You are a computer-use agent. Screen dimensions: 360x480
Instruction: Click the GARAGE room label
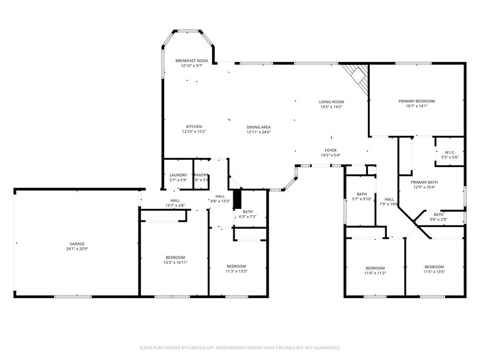(x=77, y=244)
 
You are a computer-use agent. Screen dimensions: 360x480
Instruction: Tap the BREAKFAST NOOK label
(x=192, y=61)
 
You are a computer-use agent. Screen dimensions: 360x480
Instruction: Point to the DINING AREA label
(x=258, y=127)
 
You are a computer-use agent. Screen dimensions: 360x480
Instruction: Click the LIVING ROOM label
(x=331, y=102)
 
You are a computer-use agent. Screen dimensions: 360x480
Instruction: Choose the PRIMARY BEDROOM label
(x=416, y=101)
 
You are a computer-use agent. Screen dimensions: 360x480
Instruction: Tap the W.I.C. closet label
(x=450, y=152)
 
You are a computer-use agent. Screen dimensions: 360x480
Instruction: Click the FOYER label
(x=331, y=150)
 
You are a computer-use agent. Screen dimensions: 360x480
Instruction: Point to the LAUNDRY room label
(x=178, y=175)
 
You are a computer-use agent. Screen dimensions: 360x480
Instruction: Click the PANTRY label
(x=201, y=175)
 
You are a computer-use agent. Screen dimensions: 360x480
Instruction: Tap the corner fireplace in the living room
(x=355, y=78)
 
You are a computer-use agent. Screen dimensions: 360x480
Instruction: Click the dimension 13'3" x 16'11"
(x=175, y=262)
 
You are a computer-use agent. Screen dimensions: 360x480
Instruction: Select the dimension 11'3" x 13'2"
(x=237, y=271)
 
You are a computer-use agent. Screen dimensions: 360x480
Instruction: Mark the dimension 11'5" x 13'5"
(x=434, y=271)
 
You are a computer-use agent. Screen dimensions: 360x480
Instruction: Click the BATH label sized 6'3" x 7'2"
(x=247, y=212)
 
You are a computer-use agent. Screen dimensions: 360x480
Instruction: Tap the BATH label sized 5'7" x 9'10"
(x=362, y=194)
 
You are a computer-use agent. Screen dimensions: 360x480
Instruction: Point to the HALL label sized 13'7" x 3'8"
(x=175, y=201)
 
